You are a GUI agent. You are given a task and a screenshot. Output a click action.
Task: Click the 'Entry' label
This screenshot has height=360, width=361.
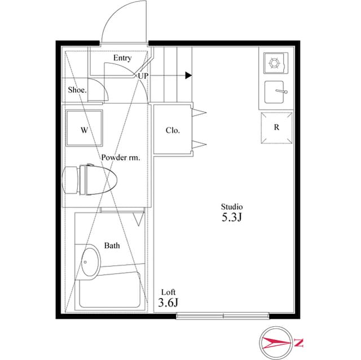coord(122,58)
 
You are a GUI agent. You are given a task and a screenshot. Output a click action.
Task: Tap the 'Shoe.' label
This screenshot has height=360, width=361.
coord(77,90)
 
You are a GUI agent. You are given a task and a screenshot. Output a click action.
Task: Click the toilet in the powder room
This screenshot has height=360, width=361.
coord(90,180)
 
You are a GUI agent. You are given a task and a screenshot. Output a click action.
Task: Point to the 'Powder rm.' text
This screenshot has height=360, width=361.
coord(121,158)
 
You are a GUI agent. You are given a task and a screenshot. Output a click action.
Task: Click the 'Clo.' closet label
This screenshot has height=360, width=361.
coord(173,130)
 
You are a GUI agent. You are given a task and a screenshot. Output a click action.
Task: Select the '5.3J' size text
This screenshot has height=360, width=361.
coord(231,217)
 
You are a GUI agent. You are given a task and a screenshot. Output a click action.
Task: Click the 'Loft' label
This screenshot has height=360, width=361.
coord(169,292)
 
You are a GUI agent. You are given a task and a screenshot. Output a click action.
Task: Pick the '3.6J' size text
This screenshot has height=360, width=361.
coord(169,304)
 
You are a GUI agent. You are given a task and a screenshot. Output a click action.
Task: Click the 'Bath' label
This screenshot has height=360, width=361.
coord(112,246)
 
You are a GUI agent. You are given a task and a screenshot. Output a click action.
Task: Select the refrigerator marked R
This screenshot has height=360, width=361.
coord(277,127)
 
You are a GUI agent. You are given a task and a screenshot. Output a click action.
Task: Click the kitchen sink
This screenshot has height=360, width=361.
coord(275,91)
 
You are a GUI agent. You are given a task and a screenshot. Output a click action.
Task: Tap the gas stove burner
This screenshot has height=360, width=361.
coord(276,64)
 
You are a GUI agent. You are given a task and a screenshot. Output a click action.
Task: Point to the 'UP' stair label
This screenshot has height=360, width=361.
coord(143,75)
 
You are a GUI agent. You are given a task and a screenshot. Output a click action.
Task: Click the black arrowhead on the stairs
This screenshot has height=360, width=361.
coord(188,75)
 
